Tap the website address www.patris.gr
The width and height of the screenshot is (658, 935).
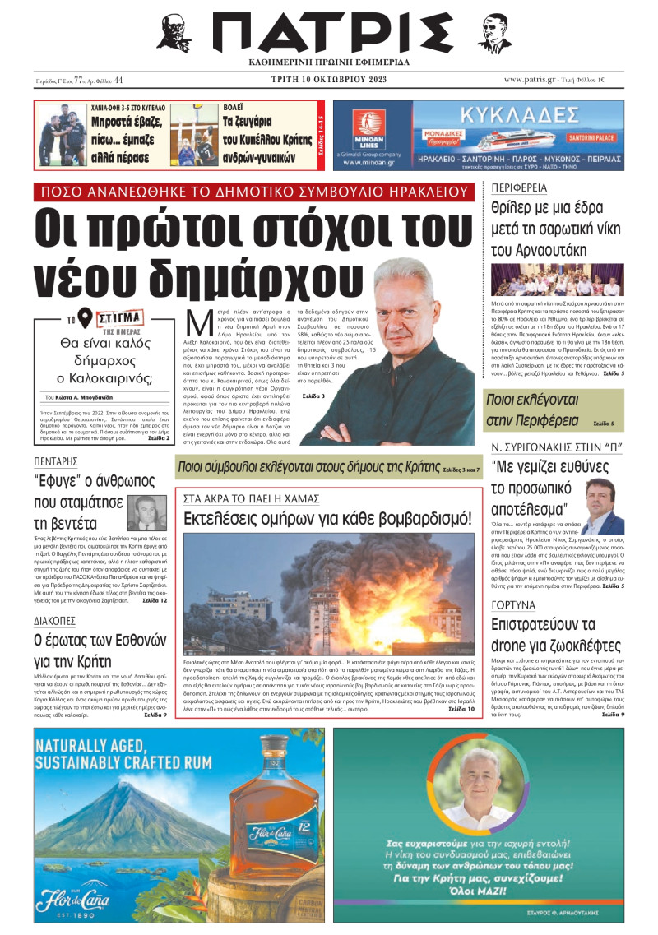[x=533, y=79]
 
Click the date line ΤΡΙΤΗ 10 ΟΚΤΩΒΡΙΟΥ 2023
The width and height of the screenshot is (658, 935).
[x=327, y=80]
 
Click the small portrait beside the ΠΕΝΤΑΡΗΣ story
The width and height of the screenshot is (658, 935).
[x=146, y=514]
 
